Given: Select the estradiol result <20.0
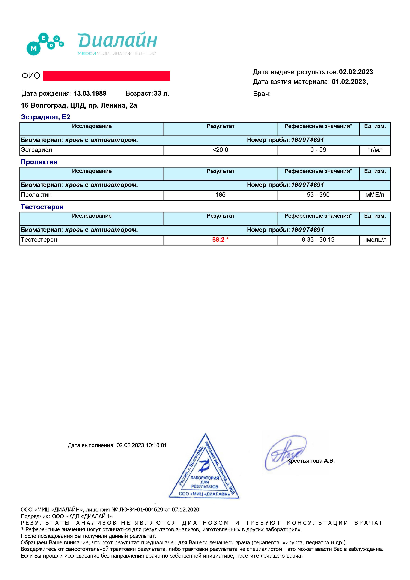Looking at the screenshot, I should point(220,150).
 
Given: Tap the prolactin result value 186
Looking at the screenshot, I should point(220,195).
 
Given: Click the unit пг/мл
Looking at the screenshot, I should point(375,150).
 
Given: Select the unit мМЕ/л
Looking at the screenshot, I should point(375,195).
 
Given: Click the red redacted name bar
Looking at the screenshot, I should point(106,76).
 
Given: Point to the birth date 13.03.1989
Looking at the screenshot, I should point(90,93).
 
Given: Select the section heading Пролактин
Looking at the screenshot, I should point(39,162).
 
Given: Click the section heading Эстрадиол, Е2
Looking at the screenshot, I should point(45,117).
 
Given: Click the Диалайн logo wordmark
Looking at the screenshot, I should point(117,40).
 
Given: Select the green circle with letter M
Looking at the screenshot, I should point(33,48).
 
